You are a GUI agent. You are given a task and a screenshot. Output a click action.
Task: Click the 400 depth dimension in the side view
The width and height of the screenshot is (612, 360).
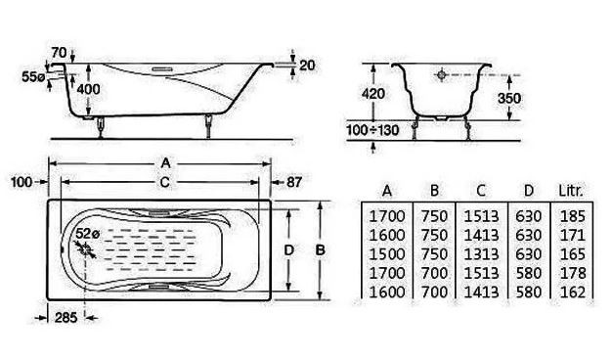coord(88,89)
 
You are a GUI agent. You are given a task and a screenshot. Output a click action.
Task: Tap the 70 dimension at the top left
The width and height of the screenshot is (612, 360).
coord(59,52)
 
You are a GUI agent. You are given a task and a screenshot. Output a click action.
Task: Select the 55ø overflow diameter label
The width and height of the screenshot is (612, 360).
coord(33,77)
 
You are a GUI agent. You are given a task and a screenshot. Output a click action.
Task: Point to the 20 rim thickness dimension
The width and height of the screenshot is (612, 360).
coord(307,65)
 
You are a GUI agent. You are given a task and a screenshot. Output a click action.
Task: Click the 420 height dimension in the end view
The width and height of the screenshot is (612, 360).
coord(373,94)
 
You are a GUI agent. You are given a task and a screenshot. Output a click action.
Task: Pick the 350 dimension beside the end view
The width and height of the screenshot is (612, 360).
coord(509,98)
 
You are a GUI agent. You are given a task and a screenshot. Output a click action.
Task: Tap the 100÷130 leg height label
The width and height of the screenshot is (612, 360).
coord(372,130)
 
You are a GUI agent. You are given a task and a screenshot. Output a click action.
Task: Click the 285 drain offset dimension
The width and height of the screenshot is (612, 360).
coord(66,318)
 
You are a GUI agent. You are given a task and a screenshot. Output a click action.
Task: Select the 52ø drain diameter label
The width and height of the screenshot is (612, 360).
coord(87,234)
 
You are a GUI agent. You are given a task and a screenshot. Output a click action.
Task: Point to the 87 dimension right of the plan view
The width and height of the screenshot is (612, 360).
coord(294,182)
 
